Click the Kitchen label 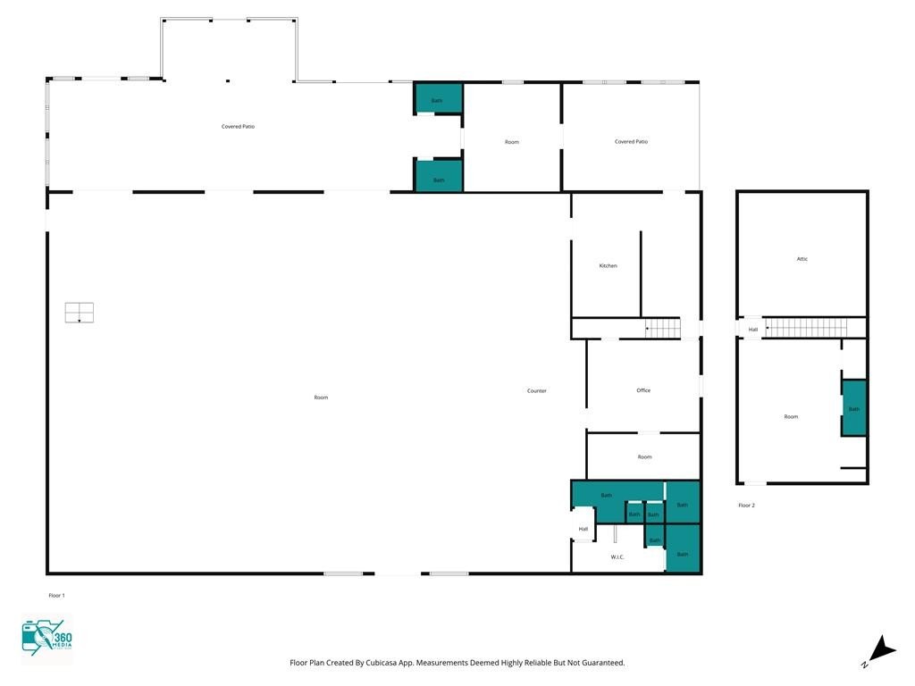click(608, 266)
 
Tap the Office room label click(643, 390)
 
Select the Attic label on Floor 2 click(802, 259)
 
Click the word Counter click(537, 391)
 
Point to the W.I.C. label click(617, 557)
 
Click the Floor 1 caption click(56, 596)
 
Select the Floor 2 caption click(746, 506)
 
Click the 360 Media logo click(46, 638)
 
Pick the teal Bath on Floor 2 click(853, 407)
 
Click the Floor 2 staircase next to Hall click(806, 328)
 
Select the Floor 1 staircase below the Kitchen click(662, 329)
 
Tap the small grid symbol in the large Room click(80, 313)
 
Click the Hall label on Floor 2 click(753, 330)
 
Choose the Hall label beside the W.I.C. click(583, 529)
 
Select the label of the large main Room click(321, 397)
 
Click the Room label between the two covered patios click(512, 142)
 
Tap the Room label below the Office click(644, 456)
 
